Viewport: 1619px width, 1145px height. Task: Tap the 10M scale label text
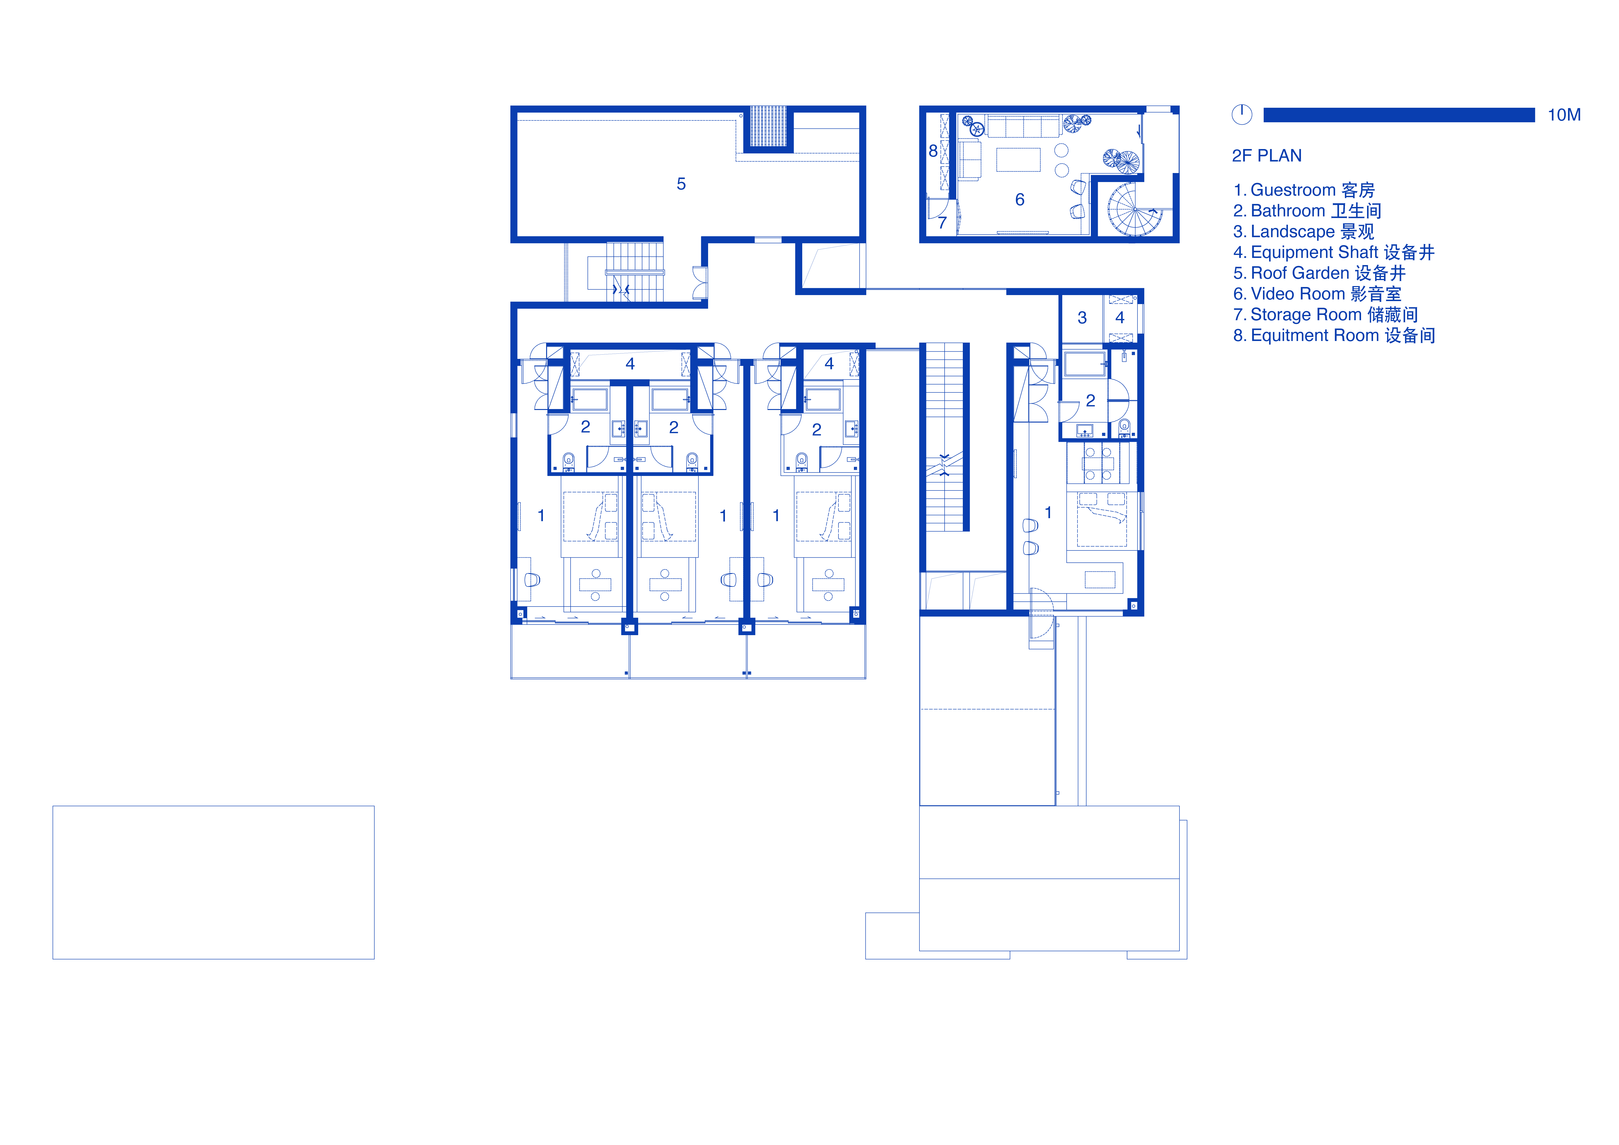click(1564, 115)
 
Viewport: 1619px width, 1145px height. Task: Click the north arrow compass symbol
click(1242, 114)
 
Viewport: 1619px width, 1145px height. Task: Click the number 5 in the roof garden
click(681, 184)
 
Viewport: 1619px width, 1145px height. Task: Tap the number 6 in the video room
click(1020, 200)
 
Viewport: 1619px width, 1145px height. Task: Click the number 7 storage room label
click(942, 223)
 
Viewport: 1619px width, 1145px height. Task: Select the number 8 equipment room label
click(933, 151)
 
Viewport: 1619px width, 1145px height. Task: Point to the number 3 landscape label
click(1082, 318)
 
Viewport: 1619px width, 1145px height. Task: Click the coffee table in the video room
click(1018, 159)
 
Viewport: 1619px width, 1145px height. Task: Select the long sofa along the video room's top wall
click(1023, 127)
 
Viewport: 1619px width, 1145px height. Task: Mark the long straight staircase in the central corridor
click(944, 437)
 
